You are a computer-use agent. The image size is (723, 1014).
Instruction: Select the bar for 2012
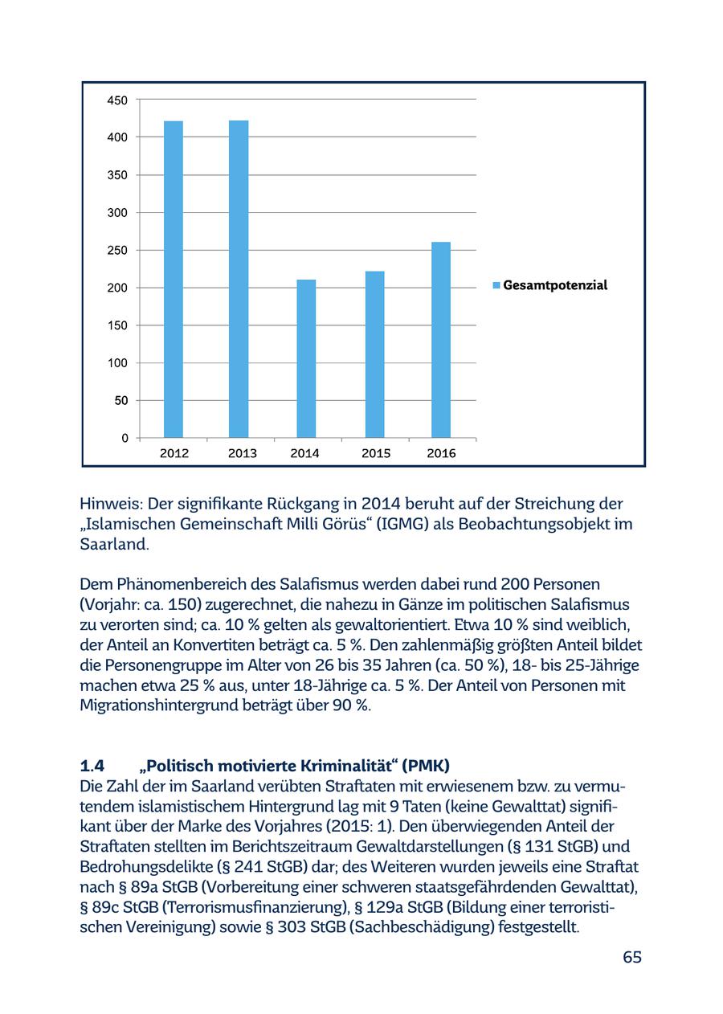[174, 279]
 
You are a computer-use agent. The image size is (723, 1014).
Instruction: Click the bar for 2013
[239, 279]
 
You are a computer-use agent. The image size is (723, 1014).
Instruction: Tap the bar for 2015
[374, 354]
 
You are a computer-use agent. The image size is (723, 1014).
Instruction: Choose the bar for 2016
[441, 339]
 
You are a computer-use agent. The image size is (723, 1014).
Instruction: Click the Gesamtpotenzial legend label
[555, 285]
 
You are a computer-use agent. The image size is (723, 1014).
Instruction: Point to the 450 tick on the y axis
[117, 100]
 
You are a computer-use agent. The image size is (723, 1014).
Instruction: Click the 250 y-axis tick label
[117, 251]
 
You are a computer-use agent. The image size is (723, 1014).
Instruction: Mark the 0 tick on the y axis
[125, 438]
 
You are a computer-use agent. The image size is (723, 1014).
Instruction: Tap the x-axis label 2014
[305, 453]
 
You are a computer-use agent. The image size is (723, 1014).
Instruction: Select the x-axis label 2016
[441, 453]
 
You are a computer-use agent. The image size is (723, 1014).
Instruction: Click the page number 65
[632, 957]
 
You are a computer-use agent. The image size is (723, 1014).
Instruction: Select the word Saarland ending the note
[113, 544]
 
